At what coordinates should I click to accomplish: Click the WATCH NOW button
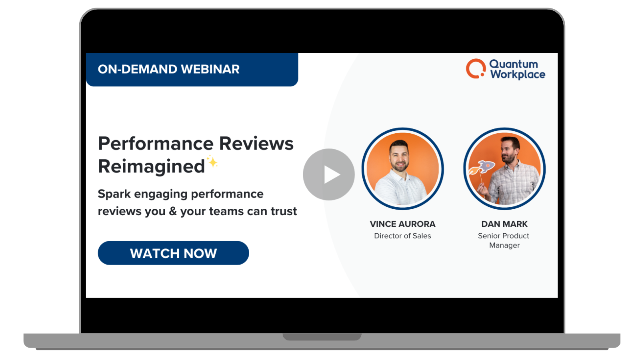[x=173, y=253]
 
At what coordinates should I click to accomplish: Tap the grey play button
[x=329, y=174]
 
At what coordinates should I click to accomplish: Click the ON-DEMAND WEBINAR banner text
[x=168, y=69]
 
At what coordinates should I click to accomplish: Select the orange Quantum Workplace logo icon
[x=475, y=69]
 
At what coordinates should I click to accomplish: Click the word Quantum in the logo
[x=514, y=64]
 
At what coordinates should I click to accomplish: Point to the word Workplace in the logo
[x=518, y=75]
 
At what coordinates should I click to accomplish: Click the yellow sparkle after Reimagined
[x=212, y=162]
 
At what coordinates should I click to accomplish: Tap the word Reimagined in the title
[x=151, y=166]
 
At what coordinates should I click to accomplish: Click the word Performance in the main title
[x=156, y=144]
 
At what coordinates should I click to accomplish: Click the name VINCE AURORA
[x=402, y=224]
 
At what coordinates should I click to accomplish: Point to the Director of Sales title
[x=402, y=236]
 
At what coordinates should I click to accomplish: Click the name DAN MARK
[x=504, y=224]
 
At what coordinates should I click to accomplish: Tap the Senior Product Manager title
[x=504, y=240]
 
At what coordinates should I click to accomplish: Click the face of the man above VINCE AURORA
[x=399, y=157]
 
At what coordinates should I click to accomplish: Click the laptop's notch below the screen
[x=322, y=337]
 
